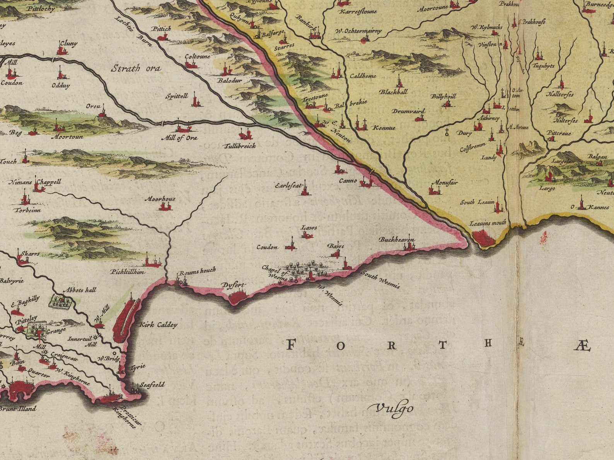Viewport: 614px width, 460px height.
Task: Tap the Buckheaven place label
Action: click(396, 240)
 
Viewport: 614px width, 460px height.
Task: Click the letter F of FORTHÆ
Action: click(292, 344)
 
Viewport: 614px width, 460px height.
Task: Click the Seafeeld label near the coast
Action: click(152, 385)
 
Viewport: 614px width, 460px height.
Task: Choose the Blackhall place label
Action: click(393, 92)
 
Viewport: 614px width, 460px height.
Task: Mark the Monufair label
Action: click(444, 182)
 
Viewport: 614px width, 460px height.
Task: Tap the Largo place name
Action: click(547, 188)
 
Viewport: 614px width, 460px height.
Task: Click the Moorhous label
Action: click(160, 199)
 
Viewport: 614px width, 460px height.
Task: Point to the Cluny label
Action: click(69, 44)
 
